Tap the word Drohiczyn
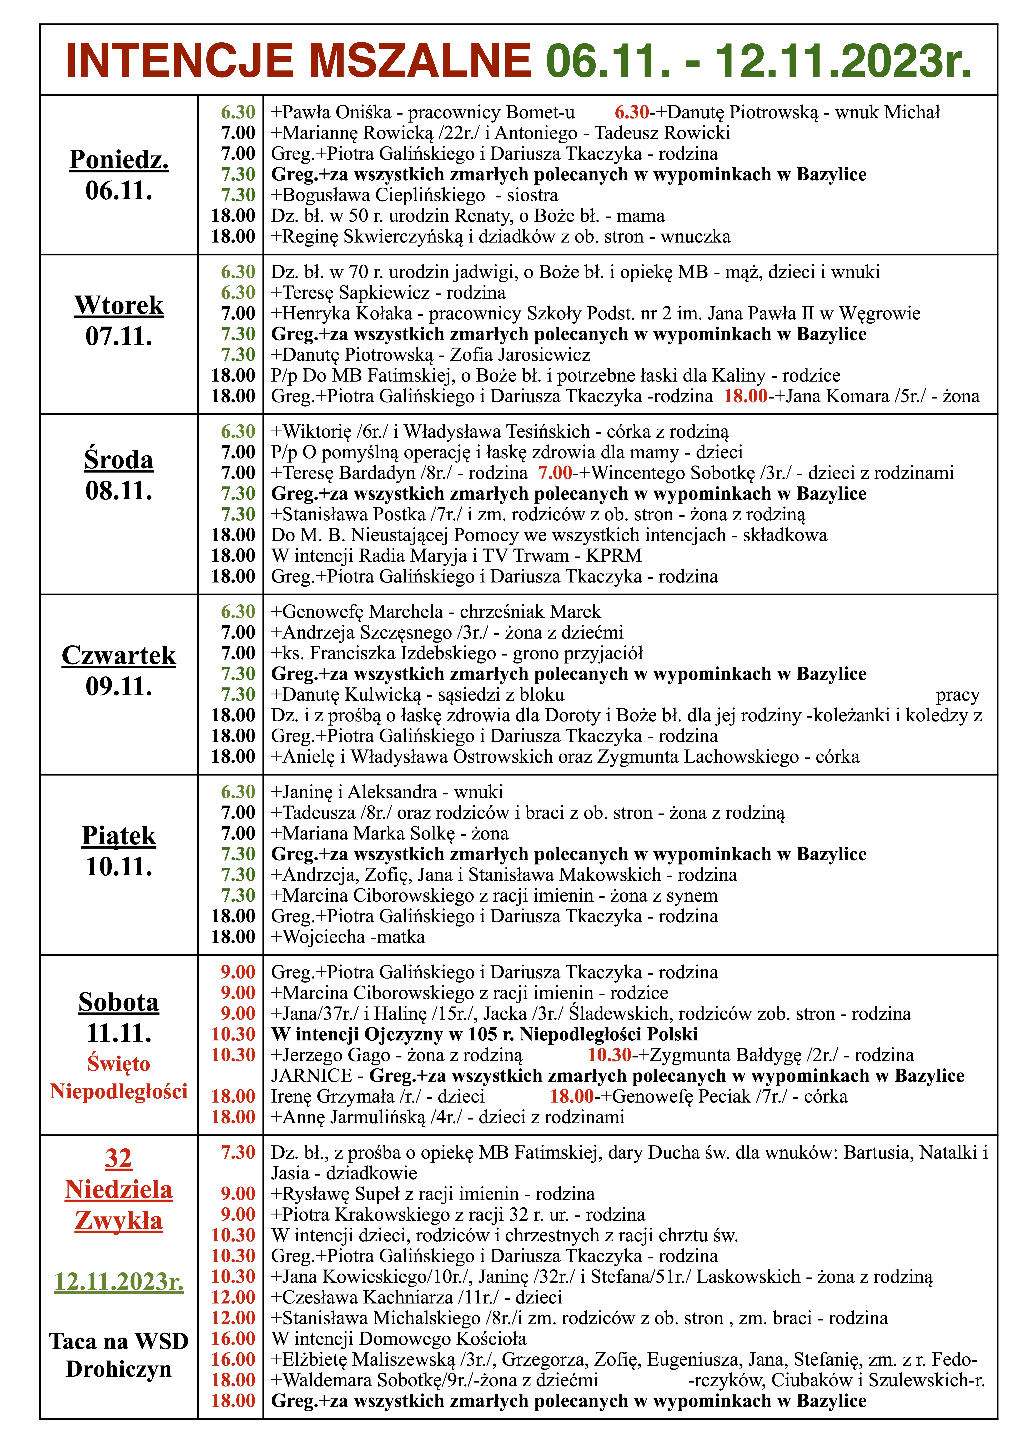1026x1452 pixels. coord(119,1369)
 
